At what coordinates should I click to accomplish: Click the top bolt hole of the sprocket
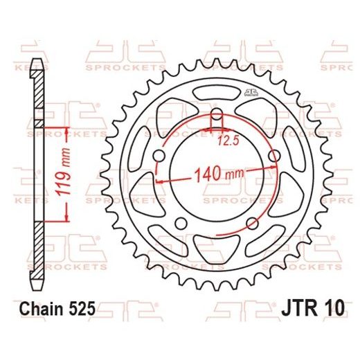pos(216,114)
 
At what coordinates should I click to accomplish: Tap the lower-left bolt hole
pos(181,222)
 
